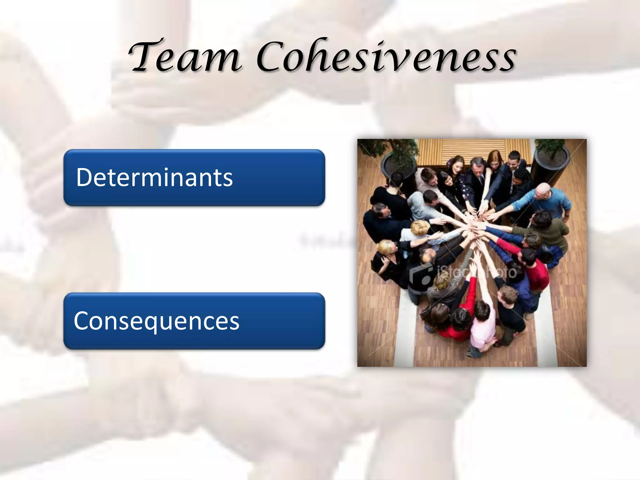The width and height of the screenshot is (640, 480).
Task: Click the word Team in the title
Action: pos(184,56)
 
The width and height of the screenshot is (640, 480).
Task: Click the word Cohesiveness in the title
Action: pos(386,56)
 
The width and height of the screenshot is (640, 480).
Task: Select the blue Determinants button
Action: pos(194,177)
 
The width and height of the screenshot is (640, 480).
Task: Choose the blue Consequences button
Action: pos(194,321)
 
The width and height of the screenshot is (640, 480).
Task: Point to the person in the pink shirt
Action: pos(483,328)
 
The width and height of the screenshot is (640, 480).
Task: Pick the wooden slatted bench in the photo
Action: pos(475,150)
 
